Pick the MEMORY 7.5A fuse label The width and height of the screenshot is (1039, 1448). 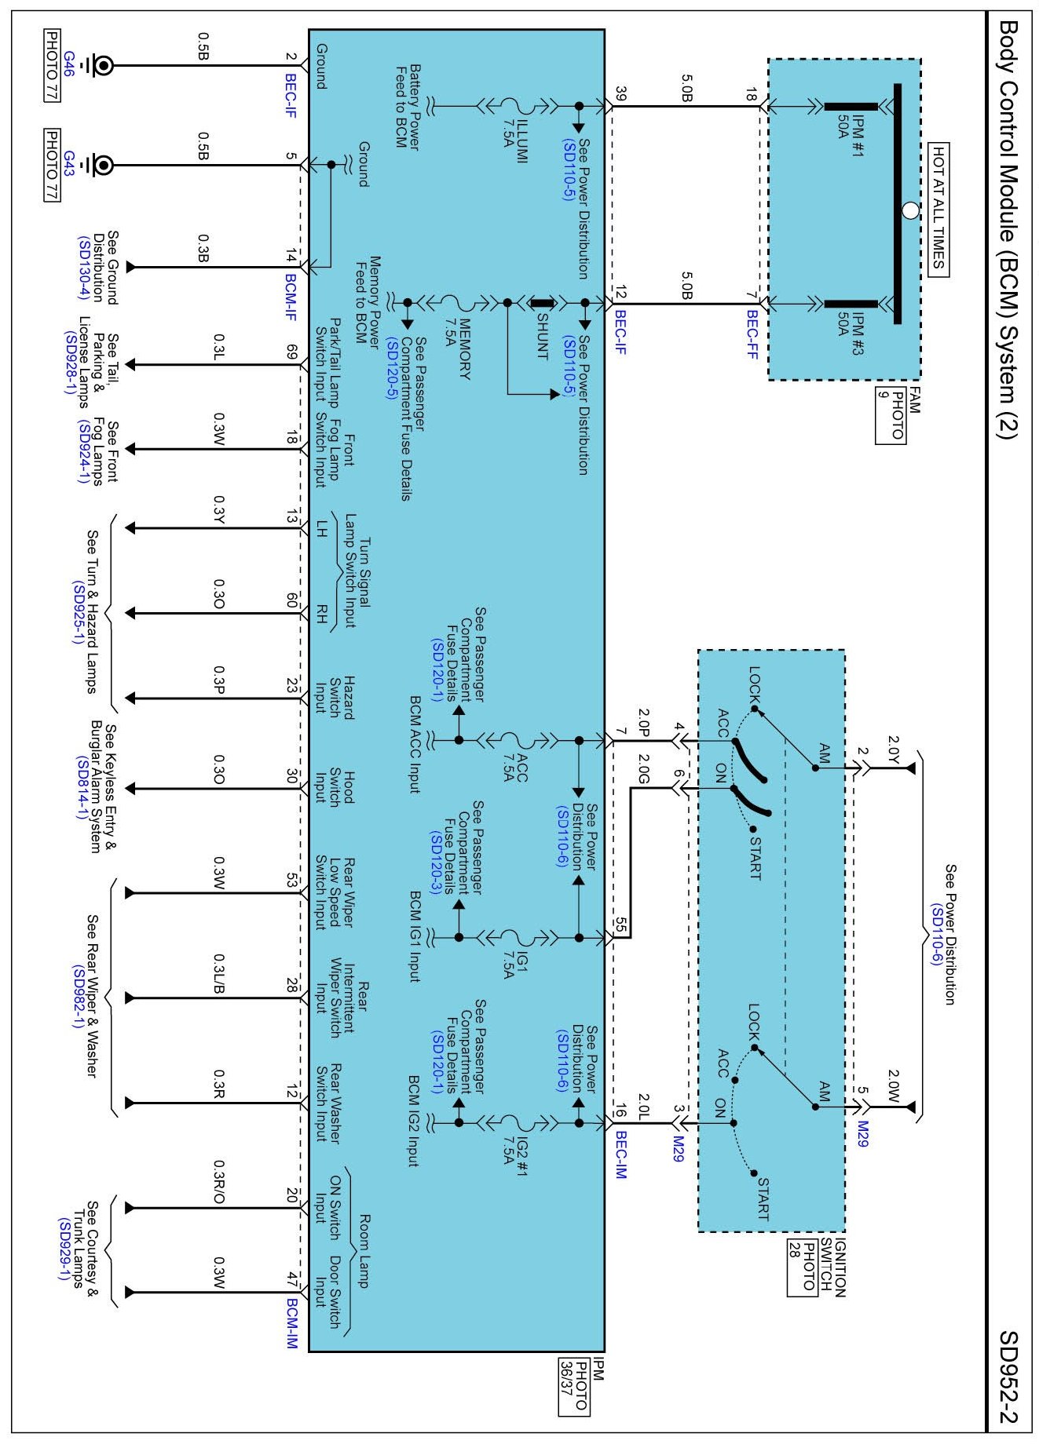tap(456, 337)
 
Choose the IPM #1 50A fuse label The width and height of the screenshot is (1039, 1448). tap(851, 119)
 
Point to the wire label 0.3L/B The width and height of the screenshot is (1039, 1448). tap(219, 973)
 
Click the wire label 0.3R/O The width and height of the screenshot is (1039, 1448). tap(219, 1182)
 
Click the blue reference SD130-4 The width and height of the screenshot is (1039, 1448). tap(84, 268)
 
